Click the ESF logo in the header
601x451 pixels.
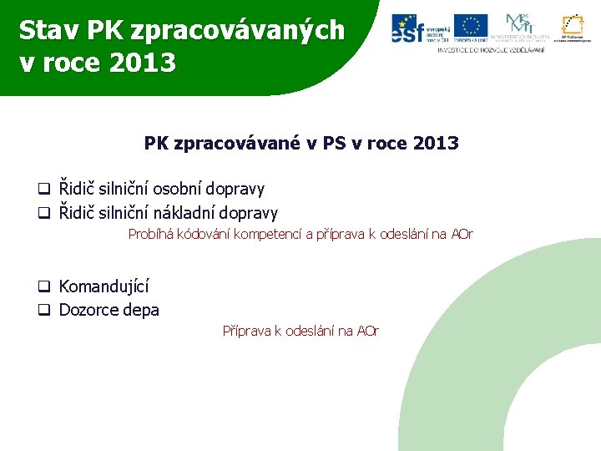419,28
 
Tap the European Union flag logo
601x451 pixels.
471,28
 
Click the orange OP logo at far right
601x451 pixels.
572,28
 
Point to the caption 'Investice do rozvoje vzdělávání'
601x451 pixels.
491,50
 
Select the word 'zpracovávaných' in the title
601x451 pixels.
237,30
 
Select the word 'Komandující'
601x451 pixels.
104,287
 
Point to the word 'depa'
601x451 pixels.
141,311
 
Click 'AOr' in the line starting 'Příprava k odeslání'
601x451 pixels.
368,332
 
